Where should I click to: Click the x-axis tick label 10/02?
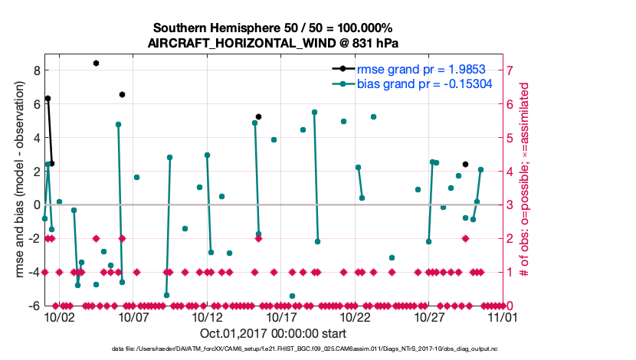point(59,316)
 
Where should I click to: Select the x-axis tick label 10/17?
point(281,316)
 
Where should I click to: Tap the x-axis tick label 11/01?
point(503,316)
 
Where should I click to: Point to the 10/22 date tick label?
point(356,316)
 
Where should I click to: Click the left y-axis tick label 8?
point(36,70)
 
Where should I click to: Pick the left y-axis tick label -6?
point(34,306)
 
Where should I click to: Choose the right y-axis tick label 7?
point(510,70)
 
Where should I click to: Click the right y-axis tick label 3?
point(510,205)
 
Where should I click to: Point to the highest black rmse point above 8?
point(96,63)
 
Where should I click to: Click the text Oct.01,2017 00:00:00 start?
point(273,333)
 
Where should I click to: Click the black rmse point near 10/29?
point(465,164)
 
